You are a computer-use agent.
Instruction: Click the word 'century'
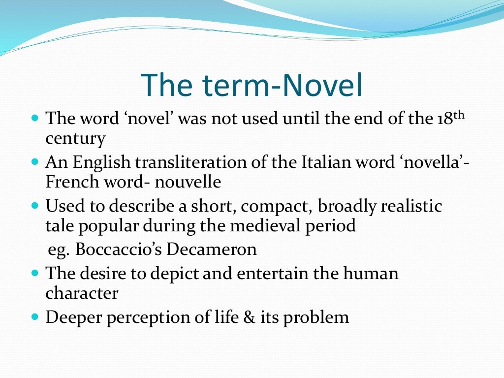75,139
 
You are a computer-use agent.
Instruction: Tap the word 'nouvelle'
188,182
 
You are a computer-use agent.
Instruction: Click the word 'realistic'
411,206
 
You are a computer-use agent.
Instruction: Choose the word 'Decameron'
212,249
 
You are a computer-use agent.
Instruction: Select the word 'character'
82,293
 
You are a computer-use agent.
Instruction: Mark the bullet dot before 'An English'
34,161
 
